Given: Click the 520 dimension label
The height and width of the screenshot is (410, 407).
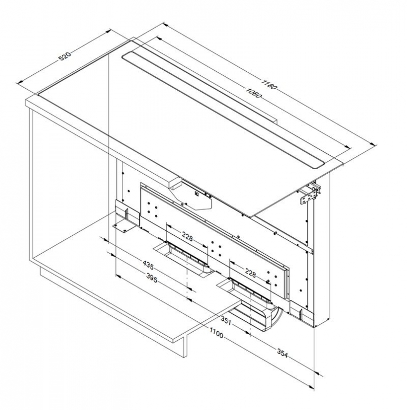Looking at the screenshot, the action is click(65, 56).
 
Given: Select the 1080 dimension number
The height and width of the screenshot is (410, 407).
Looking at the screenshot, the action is click(253, 93).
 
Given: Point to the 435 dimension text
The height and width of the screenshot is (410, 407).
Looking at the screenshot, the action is click(148, 265).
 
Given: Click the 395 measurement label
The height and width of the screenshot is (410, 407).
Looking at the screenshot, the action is click(151, 278).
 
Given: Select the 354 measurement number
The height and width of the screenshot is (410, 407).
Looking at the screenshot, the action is click(282, 353).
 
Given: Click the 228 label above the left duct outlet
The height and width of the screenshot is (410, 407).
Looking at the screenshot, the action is click(187, 237).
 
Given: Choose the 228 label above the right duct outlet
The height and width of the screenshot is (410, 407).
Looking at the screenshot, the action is click(250, 273).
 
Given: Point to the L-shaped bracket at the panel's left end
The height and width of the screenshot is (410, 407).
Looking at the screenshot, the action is click(126, 215).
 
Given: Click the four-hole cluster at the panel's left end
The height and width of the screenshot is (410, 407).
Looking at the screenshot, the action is click(152, 209).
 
